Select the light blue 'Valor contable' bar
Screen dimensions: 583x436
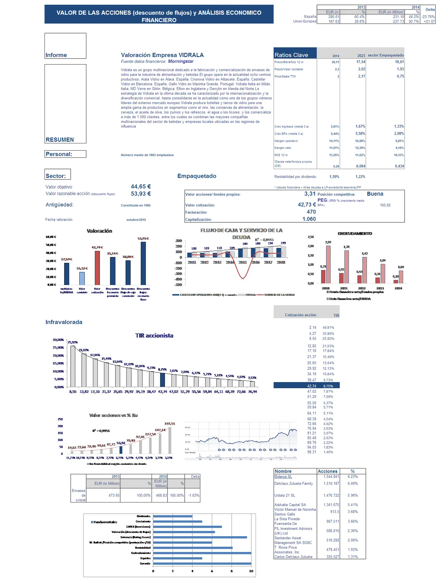coord(82,278)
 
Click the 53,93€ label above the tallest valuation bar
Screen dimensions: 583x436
coord(143,238)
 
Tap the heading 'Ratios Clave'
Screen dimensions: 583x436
coord(291,55)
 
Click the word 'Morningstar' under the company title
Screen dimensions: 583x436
coord(181,61)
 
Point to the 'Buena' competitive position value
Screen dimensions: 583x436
coord(375,194)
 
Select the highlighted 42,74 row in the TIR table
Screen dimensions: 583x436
coord(306,386)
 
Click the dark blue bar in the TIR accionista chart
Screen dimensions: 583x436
coord(162,380)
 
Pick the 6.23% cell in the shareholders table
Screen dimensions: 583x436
coord(353,477)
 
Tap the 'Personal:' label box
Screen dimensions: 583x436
coord(65,154)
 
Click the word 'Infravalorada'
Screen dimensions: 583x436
coord(64,322)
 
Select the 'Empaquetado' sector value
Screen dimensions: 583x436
coord(197,176)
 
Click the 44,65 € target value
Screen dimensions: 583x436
coord(141,187)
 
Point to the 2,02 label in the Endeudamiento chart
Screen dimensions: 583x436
coord(328,242)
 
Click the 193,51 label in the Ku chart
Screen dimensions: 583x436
coord(170,424)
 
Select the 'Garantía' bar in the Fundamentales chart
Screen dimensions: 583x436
coord(202,564)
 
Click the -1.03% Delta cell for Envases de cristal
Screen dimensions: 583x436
coord(193,495)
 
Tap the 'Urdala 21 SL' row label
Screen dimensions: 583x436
coord(285,495)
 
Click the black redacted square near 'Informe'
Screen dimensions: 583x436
coord(30,46)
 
